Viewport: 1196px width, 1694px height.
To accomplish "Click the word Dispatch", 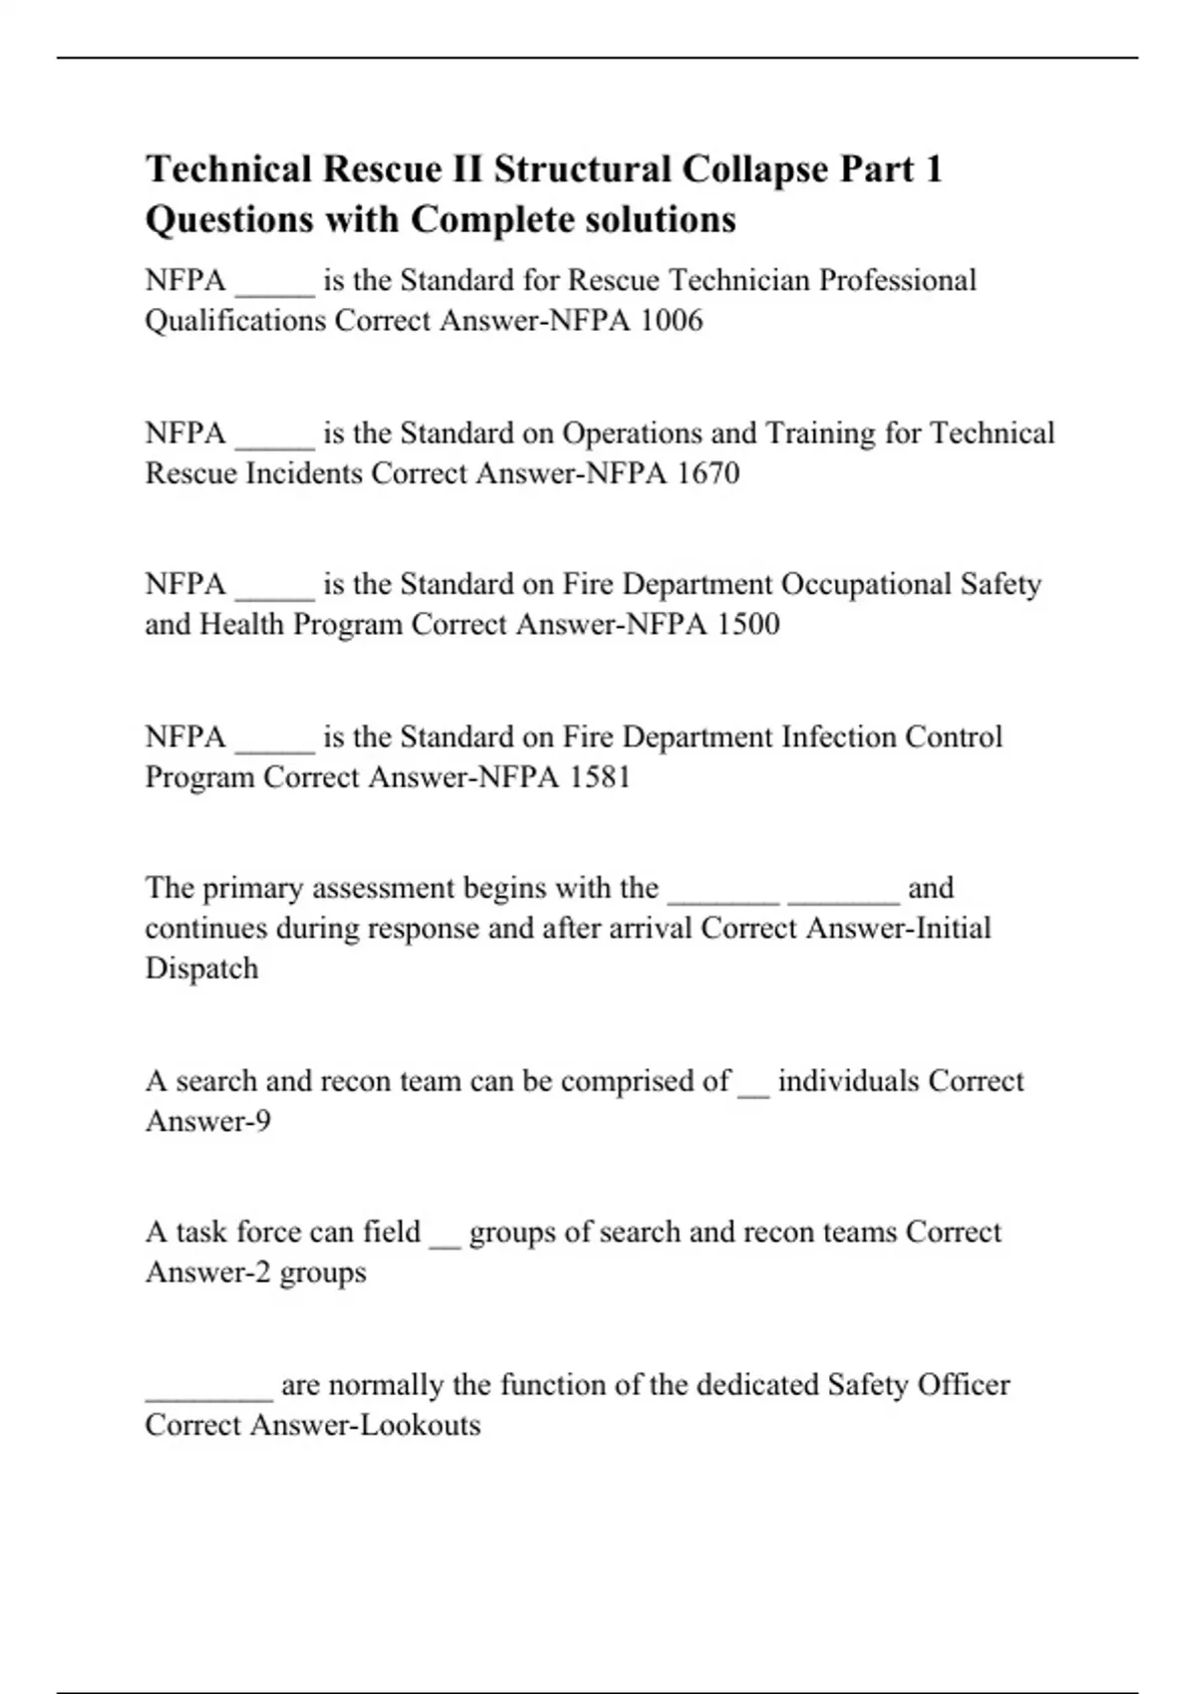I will click(x=201, y=969).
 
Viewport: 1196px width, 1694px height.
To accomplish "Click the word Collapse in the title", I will click(x=755, y=169).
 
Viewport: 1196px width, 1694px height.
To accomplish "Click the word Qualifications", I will click(x=235, y=321).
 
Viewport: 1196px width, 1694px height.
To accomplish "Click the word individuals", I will click(x=848, y=1082).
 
